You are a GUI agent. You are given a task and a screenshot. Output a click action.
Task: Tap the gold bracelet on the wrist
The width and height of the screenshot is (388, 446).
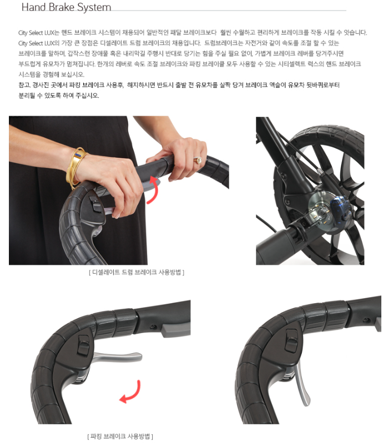tap(76, 167)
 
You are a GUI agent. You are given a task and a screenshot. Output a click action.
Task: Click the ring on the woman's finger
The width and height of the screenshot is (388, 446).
tap(198, 160)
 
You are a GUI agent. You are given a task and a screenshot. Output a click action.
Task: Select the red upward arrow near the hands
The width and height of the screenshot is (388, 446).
tap(153, 190)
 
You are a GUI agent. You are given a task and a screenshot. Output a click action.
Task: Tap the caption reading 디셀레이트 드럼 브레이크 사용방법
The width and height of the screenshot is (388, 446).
tap(137, 272)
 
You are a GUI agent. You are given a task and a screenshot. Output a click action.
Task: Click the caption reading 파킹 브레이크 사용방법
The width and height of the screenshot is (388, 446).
tap(120, 436)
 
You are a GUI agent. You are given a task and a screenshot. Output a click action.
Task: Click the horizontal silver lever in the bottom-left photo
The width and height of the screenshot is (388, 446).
tap(118, 356)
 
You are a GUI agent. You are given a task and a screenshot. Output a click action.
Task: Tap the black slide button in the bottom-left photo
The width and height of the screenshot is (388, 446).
tap(83, 345)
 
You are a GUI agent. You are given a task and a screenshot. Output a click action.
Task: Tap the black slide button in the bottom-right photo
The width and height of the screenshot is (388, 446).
tap(291, 340)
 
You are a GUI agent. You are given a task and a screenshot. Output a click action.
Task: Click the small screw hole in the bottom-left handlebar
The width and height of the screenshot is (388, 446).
tap(154, 326)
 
